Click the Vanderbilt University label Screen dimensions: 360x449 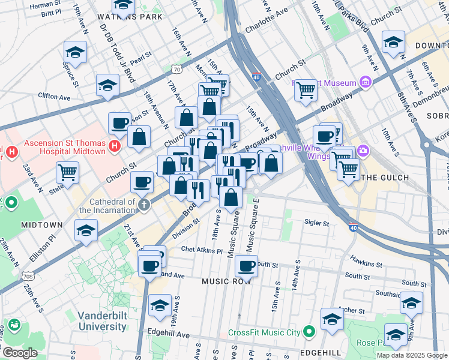click(102, 321)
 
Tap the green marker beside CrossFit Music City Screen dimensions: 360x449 click(309, 332)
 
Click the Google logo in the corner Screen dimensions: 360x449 click(19, 353)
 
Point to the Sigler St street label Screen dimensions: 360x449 click(317, 223)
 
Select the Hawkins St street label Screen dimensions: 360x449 click(367, 264)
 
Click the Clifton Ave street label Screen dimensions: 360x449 click(54, 96)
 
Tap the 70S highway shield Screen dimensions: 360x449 click(28, 277)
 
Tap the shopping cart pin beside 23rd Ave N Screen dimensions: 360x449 click(67, 172)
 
